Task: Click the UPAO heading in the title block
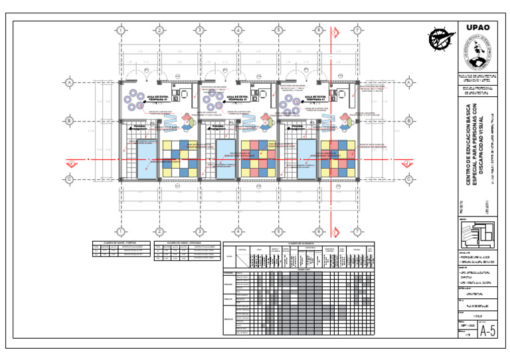tap(477, 28)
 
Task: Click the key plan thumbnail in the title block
tap(477, 236)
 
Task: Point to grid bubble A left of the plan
tap(68, 82)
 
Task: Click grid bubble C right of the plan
tap(408, 179)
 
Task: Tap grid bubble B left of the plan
tap(68, 121)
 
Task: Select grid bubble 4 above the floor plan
tap(238, 31)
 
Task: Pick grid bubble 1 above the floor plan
tap(120, 31)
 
